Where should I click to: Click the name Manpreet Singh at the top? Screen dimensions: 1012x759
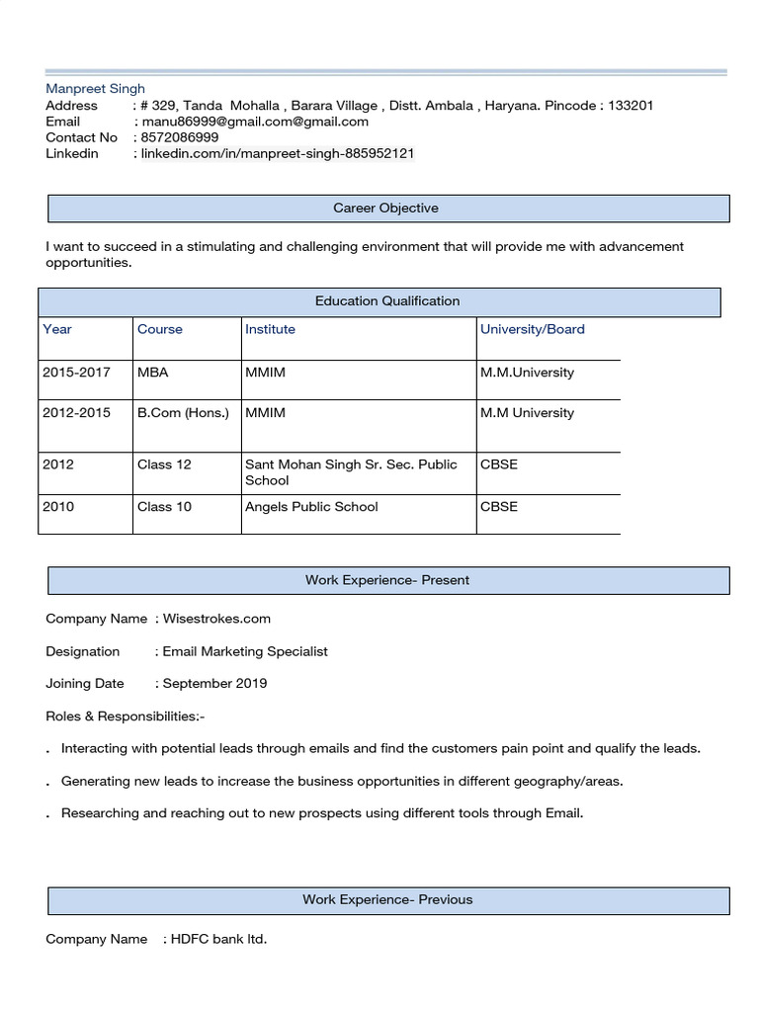click(x=95, y=89)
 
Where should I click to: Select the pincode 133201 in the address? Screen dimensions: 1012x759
click(x=629, y=106)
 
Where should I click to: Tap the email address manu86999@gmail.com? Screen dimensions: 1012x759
click(x=255, y=122)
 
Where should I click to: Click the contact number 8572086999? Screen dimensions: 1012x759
click(x=180, y=137)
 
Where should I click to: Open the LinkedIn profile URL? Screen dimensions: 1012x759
click(x=277, y=153)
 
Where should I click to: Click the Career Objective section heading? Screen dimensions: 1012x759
click(x=385, y=209)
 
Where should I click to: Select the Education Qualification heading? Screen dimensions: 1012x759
click(x=387, y=301)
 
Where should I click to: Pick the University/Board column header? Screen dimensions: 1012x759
click(x=532, y=329)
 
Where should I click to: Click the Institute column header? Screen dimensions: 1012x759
click(x=270, y=329)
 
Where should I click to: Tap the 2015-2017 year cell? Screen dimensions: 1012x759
click(x=76, y=373)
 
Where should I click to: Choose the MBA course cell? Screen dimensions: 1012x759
click(x=153, y=373)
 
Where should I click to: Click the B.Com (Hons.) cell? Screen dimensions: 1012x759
click(x=183, y=413)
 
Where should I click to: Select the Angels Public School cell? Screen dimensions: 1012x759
click(x=311, y=507)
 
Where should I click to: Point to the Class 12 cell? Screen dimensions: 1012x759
click(x=164, y=464)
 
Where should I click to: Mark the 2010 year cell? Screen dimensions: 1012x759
click(x=58, y=507)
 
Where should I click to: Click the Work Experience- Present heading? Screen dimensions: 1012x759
click(x=387, y=580)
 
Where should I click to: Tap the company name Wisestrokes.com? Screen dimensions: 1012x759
click(x=216, y=619)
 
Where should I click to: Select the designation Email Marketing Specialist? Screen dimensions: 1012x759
click(x=245, y=651)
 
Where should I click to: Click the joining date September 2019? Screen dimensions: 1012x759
click(x=214, y=683)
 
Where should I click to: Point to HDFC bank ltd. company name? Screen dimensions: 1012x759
click(x=218, y=939)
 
